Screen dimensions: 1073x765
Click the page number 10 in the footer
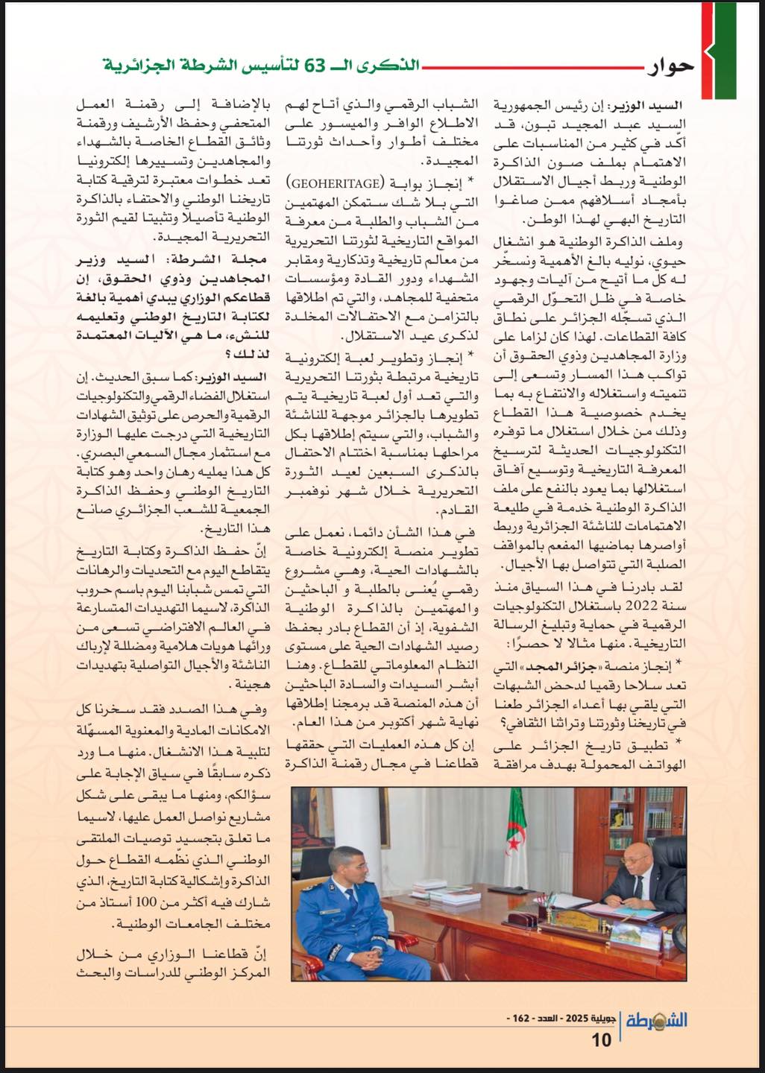[x=602, y=1038]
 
